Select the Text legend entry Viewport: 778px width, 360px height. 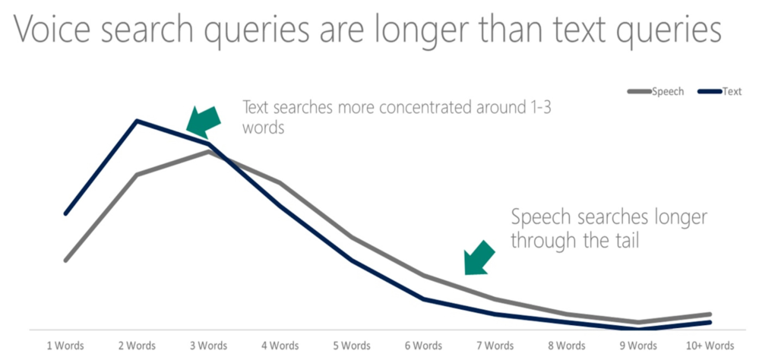tap(719, 91)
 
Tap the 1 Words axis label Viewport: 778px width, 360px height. tap(65, 345)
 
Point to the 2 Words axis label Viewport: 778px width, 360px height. tap(137, 345)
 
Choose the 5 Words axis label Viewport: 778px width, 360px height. tap(351, 345)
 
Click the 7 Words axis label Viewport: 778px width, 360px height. tap(495, 345)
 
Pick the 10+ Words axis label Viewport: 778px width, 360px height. tap(709, 345)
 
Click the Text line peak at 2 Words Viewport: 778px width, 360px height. tap(137, 121)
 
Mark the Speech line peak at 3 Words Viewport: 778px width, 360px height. tap(209, 151)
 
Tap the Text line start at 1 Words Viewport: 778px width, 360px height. tap(65, 213)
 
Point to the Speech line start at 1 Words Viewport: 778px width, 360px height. tap(65, 261)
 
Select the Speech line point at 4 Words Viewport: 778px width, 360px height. tap(280, 183)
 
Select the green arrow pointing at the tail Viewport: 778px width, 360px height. tap(479, 258)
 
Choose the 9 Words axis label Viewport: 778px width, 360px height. tap(637, 345)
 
